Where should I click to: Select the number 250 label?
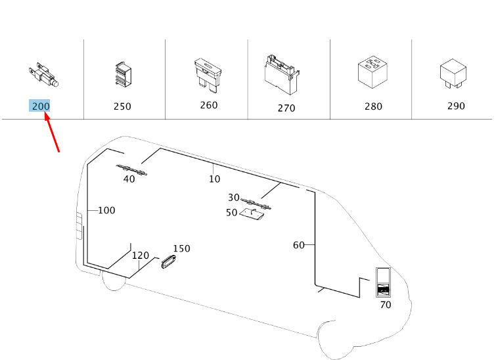pos(122,106)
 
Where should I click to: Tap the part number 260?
pos(209,105)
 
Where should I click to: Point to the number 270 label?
pos(286,108)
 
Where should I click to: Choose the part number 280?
pos(373,106)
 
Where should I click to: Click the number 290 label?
pos(456,106)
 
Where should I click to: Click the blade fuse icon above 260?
pos(208,76)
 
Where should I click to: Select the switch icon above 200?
pos(43,75)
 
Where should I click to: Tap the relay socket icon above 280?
pos(372,72)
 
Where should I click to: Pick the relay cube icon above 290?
pos(453,74)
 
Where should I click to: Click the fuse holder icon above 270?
pos(282,75)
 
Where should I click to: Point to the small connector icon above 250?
pos(123,74)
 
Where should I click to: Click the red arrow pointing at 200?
pos(52,132)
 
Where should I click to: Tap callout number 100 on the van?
pos(106,210)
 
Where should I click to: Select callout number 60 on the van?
pos(299,245)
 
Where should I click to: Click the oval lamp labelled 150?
pos(168,261)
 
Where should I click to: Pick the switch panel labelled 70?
pos(383,282)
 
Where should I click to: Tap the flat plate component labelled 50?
pos(252,214)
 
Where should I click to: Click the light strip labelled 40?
pos(132,170)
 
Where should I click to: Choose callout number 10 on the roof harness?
pos(214,179)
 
